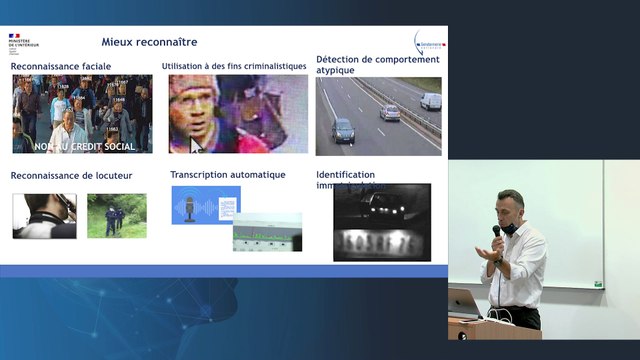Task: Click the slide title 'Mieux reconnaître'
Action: click(x=149, y=42)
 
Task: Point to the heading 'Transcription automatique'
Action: click(x=228, y=175)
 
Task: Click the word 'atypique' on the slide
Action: click(x=338, y=71)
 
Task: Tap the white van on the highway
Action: click(x=431, y=101)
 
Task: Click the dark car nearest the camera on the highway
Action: click(x=343, y=131)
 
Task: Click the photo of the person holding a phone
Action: click(x=43, y=214)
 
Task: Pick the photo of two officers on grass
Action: click(x=116, y=215)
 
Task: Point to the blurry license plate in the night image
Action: click(x=381, y=241)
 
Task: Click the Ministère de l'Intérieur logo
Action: click(x=22, y=43)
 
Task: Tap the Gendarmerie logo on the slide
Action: click(x=426, y=44)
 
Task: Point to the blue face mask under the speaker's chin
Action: click(x=509, y=229)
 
